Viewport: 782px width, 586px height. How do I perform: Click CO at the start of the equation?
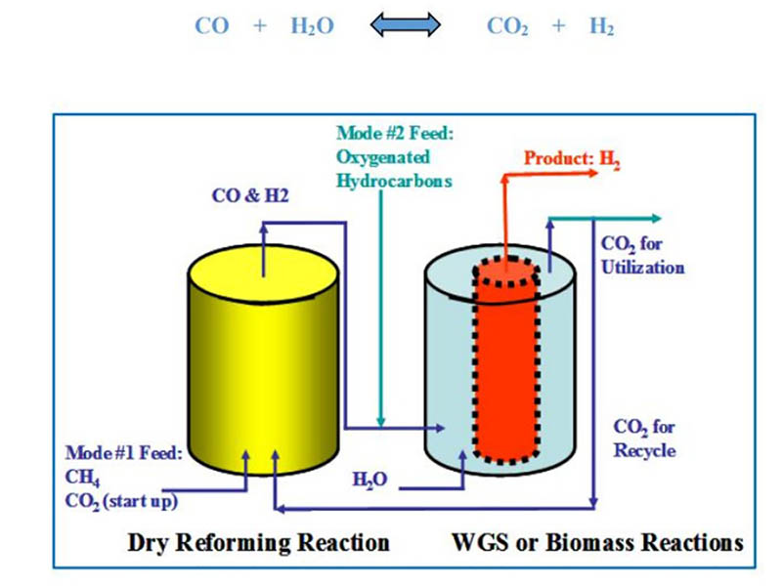pos(211,26)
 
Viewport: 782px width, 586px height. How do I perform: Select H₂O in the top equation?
pos(312,27)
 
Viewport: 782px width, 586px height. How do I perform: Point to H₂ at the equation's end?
pos(601,27)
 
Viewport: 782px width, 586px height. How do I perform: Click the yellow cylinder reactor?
pos(263,361)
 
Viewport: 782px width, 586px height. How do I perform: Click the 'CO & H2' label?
pos(250,195)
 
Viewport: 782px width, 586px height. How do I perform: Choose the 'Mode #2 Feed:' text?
pos(385,134)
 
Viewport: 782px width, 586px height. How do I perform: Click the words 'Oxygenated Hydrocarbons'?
pos(383,168)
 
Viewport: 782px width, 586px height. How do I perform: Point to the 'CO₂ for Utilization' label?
pos(642,256)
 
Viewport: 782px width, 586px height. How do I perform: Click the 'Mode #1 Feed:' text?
pos(123,453)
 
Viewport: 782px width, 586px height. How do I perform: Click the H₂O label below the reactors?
pos(369,480)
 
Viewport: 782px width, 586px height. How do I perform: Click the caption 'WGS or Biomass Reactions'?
pos(597,542)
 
